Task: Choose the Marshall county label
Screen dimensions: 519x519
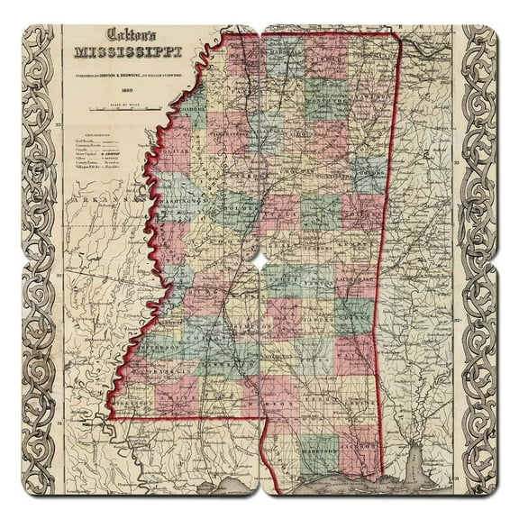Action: pyautogui.click(x=288, y=50)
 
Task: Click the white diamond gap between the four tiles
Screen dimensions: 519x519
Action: pyautogui.click(x=259, y=259)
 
